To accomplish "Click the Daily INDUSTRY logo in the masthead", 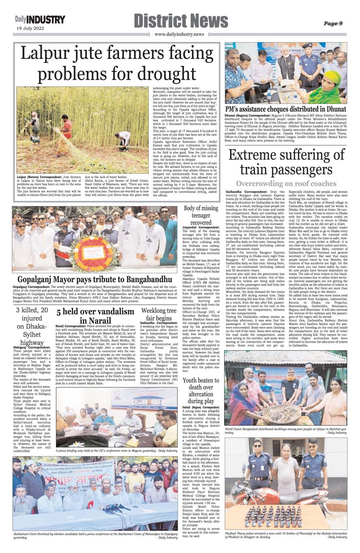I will pos(40,20).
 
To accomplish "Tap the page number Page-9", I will pos(332,23).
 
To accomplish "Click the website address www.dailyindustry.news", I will pos(179,34).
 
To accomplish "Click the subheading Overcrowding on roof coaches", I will pos(286,183).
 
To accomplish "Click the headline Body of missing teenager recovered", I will pos(201,216).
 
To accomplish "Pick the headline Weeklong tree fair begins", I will pos(158,314).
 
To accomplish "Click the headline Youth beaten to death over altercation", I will pos(201,390).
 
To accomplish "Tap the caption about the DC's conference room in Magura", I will pos(116,451).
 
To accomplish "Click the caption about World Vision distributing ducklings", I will pos(286,430).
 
